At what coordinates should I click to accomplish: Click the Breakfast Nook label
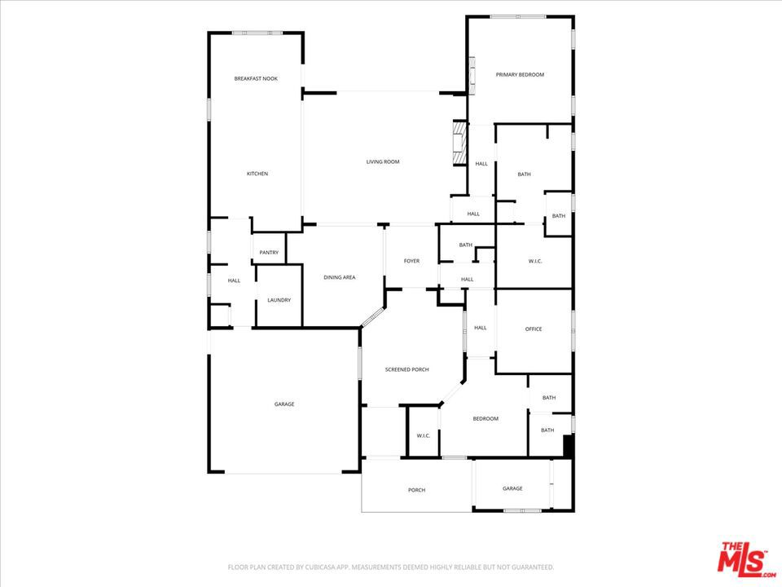tap(256, 78)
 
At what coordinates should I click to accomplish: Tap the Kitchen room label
tap(257, 174)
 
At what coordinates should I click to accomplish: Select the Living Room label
tap(383, 162)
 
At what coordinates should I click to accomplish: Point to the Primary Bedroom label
tap(520, 74)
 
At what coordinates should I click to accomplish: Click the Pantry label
tap(269, 253)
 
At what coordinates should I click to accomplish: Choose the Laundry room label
tap(279, 300)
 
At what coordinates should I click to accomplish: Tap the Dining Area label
tap(340, 277)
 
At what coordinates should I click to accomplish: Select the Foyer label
tap(412, 261)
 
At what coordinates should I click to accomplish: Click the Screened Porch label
tap(406, 369)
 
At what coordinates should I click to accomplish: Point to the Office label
tap(534, 329)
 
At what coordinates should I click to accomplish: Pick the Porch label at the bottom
tap(416, 490)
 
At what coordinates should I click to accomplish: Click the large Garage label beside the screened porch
tap(283, 404)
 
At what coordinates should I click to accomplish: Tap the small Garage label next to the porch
tap(512, 488)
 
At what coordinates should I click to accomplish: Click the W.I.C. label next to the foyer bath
tap(535, 261)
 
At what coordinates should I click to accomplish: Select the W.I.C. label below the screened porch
tap(424, 435)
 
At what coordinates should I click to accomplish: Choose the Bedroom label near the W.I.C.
tap(485, 418)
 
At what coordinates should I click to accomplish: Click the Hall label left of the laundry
tap(234, 280)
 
